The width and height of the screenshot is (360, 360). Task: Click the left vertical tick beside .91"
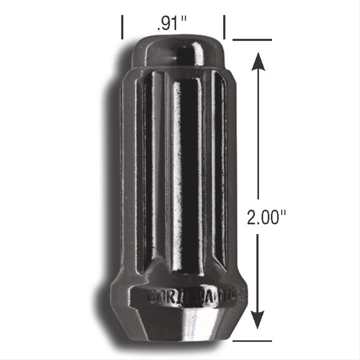pos(123,27)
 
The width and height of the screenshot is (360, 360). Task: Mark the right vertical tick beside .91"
pos(224,27)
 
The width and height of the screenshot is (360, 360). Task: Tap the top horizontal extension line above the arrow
pos(252,40)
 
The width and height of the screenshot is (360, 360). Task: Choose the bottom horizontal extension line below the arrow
pos(252,340)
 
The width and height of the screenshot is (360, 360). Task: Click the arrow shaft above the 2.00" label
pos(259,134)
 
